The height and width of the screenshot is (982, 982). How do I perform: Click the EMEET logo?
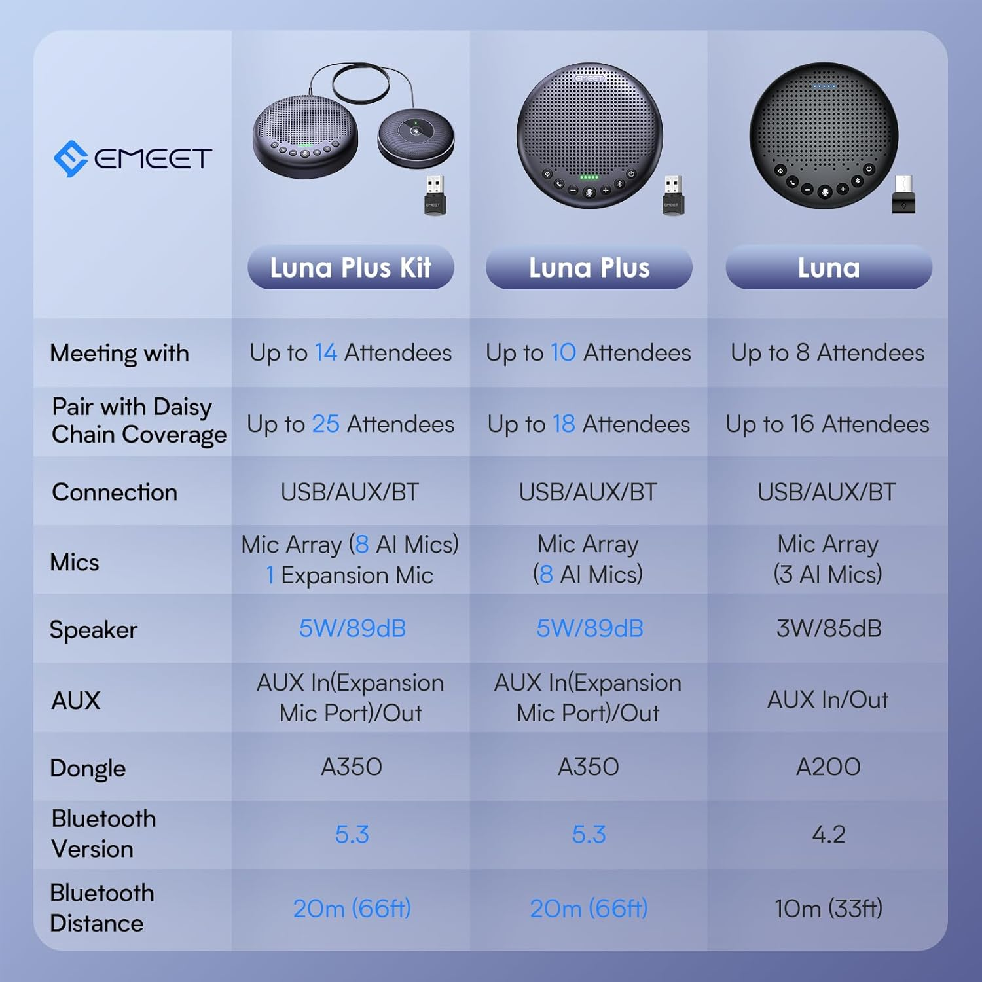click(x=133, y=158)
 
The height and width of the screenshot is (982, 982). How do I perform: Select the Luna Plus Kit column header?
click(x=350, y=268)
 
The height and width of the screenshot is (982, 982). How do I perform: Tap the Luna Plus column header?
click(x=589, y=268)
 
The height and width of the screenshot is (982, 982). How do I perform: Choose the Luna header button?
click(x=828, y=268)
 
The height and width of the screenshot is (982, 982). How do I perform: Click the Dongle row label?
click(x=88, y=768)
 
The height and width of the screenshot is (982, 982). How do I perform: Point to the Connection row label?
click(x=115, y=492)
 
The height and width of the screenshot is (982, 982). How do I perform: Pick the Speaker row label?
click(x=94, y=630)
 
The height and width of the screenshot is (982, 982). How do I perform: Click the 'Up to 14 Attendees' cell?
click(x=350, y=353)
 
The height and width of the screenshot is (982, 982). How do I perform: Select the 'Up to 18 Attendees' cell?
click(x=589, y=424)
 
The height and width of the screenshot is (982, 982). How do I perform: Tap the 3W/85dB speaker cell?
click(x=828, y=628)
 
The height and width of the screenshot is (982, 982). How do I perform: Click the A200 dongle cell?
click(x=828, y=767)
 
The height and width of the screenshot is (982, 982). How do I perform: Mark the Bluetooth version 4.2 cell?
click(x=828, y=835)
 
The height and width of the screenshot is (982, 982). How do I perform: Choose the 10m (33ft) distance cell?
click(x=828, y=909)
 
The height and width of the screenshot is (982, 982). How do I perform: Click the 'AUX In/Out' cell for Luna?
click(x=827, y=700)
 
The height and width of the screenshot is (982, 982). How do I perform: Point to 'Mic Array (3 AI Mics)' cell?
click(x=827, y=559)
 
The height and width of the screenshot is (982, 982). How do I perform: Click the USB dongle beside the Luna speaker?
click(x=904, y=196)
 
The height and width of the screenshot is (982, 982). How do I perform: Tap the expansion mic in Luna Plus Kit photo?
click(x=416, y=138)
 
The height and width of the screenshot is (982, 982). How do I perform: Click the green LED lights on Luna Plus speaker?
click(x=589, y=177)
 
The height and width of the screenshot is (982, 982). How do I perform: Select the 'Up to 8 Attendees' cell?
click(x=827, y=353)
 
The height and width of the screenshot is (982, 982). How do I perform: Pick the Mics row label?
click(x=75, y=562)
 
